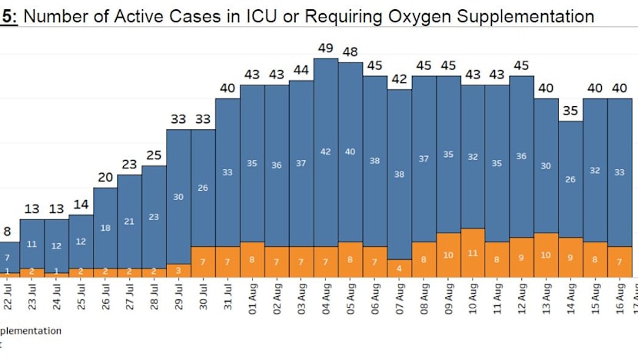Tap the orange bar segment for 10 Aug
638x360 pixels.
[x=474, y=252]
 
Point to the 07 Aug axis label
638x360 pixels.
[x=400, y=299]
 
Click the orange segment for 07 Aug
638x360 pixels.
[x=400, y=268]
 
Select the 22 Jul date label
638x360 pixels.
[x=7, y=299]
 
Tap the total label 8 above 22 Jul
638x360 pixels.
[x=7, y=232]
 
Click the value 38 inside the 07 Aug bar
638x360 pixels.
[x=400, y=174]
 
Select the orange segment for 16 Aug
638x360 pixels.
[x=620, y=262]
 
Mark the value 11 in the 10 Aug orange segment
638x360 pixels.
[x=474, y=253]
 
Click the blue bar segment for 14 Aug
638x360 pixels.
[x=571, y=178]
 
